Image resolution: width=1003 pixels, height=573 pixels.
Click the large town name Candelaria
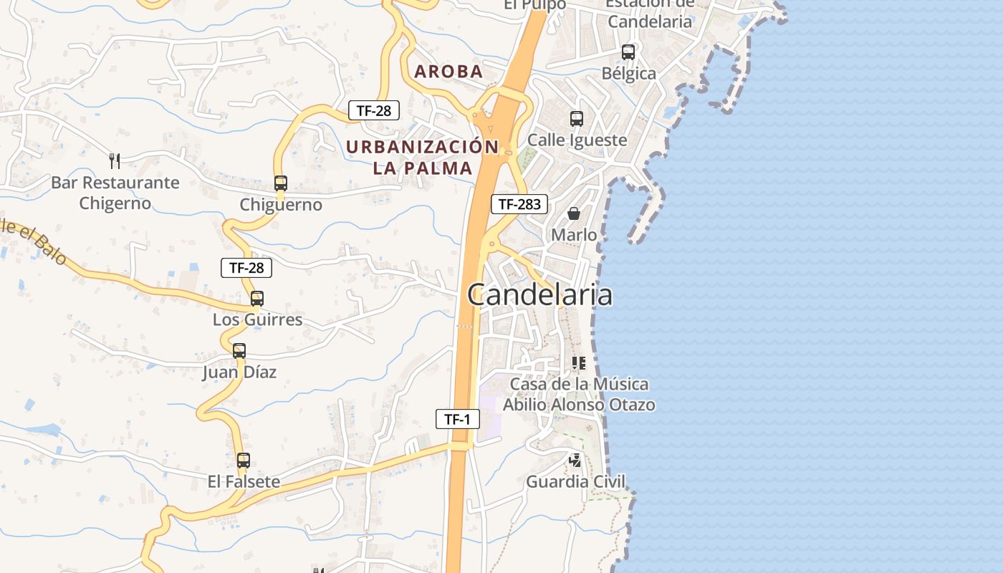(x=540, y=294)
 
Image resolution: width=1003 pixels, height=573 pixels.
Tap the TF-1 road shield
(x=457, y=419)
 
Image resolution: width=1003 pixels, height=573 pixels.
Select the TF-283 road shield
(x=519, y=204)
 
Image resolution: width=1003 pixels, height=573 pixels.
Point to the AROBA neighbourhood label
(x=448, y=72)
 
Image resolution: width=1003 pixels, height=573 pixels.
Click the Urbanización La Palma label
(x=423, y=158)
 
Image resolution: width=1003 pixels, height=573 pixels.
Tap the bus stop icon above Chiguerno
(x=281, y=183)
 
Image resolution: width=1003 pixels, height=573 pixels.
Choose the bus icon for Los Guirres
(x=257, y=299)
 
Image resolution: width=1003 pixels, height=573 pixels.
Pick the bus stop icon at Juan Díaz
(x=239, y=351)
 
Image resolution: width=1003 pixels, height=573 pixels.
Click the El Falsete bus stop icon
(x=244, y=461)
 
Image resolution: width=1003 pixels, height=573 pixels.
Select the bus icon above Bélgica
(x=628, y=52)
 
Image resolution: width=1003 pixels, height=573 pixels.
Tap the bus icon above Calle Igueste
(x=577, y=119)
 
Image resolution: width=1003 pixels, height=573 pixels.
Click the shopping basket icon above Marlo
(x=574, y=213)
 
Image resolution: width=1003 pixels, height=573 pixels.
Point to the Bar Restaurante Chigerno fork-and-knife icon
(x=115, y=160)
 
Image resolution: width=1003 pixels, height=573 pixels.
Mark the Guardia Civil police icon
(x=575, y=461)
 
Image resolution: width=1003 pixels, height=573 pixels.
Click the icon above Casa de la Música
(x=579, y=363)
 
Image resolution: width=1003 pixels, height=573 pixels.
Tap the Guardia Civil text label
(x=576, y=481)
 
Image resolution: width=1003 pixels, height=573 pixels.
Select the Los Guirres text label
(x=258, y=319)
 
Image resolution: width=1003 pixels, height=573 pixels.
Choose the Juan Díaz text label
(x=239, y=372)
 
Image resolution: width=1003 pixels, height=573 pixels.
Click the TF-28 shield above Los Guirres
(x=246, y=268)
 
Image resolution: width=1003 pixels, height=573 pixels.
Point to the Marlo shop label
(x=574, y=235)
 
